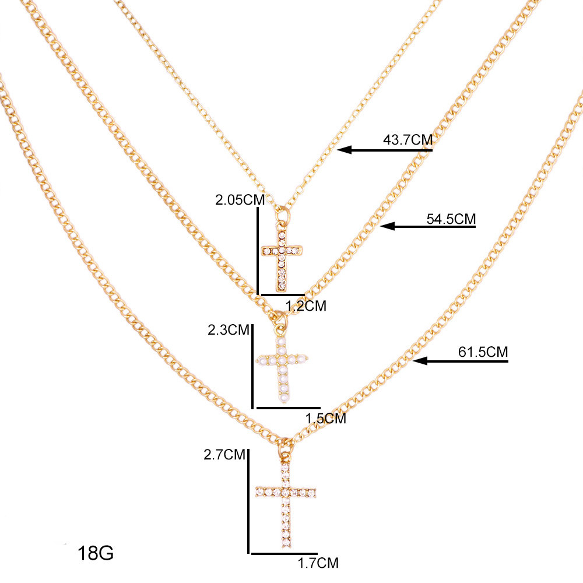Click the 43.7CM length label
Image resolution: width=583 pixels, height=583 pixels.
[408, 140]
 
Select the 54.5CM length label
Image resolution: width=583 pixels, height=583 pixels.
[451, 219]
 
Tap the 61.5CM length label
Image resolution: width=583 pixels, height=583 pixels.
[483, 352]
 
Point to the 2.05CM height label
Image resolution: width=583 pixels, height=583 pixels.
[240, 200]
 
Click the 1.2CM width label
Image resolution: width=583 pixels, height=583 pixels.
[306, 306]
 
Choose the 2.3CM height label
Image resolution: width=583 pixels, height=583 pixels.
[229, 330]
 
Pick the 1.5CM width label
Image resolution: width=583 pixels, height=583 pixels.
[326, 419]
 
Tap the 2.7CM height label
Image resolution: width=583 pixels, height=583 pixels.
[224, 454]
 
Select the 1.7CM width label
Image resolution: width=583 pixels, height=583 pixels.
[318, 563]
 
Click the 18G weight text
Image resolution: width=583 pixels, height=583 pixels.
[96, 553]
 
